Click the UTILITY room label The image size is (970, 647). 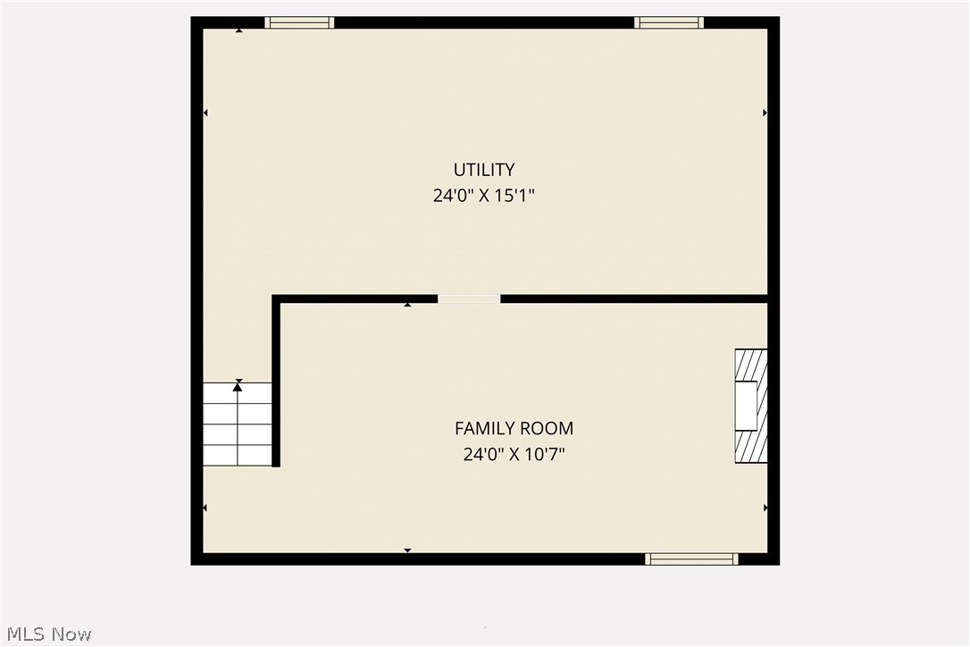click(484, 170)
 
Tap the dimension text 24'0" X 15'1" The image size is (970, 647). click(484, 196)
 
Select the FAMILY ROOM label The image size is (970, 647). click(514, 429)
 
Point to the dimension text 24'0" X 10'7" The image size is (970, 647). click(514, 455)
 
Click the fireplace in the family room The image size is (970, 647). click(750, 406)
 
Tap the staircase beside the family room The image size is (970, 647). click(237, 424)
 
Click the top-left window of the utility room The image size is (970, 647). click(299, 23)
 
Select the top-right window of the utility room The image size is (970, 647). click(669, 23)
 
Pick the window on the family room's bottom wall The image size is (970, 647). click(691, 559)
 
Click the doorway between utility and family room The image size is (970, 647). click(469, 298)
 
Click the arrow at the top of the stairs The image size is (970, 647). click(238, 386)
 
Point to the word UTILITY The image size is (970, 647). click(484, 170)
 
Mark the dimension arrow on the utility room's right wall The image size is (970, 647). click(765, 113)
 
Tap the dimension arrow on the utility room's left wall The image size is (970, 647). click(205, 113)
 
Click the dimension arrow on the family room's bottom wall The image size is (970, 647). click(407, 550)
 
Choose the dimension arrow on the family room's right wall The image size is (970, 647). click(765, 508)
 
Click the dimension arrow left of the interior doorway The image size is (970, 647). click(407, 305)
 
